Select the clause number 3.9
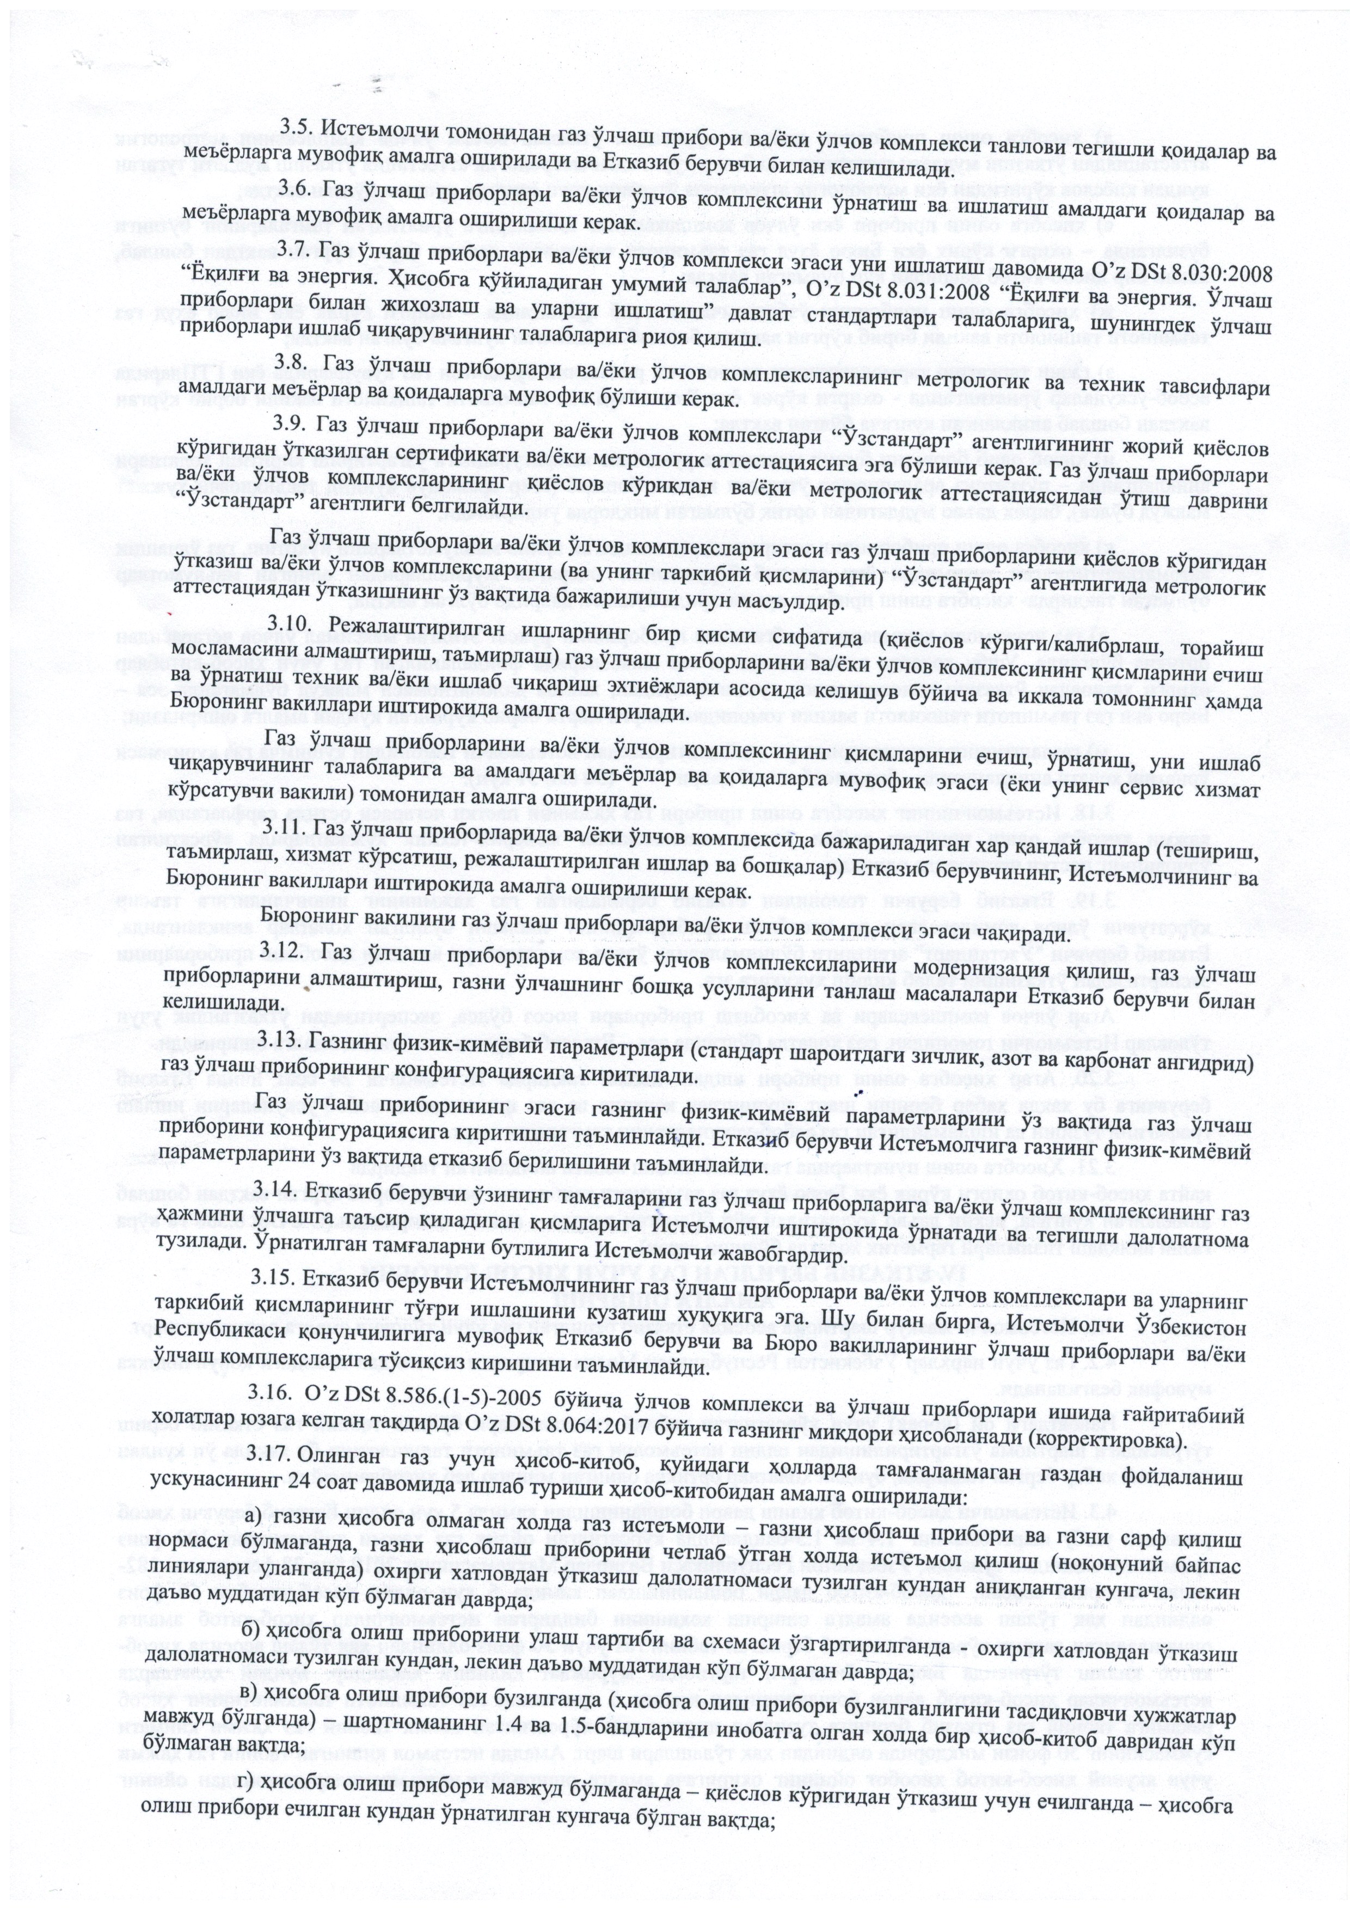point(292,424)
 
